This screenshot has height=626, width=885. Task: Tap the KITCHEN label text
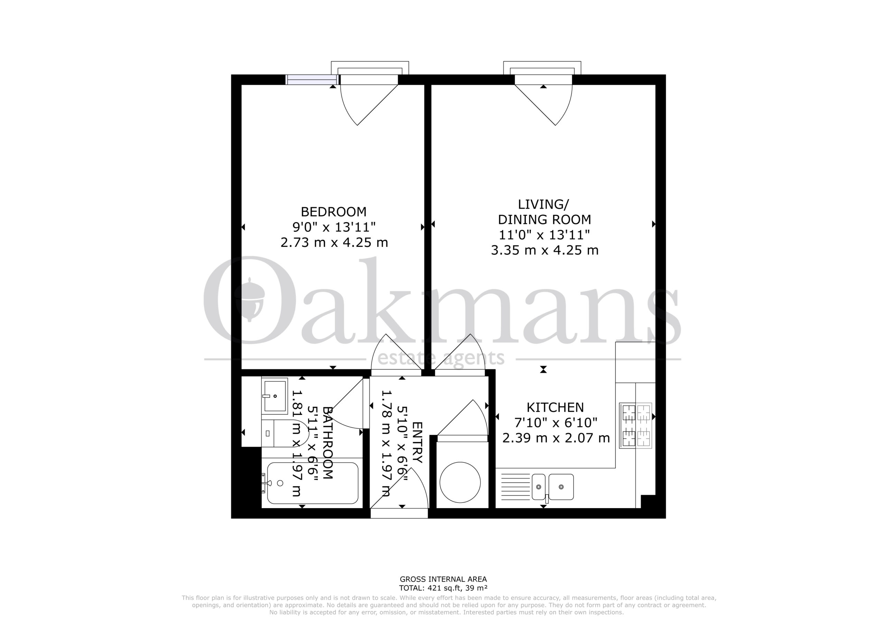click(x=555, y=407)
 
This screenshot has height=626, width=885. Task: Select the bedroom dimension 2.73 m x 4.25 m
click(x=334, y=242)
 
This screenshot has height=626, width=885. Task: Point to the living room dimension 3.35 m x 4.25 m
click(x=544, y=250)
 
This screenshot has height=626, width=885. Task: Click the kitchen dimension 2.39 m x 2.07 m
click(x=556, y=438)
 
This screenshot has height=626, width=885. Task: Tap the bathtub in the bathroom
click(x=313, y=483)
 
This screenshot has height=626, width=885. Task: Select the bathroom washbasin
click(x=274, y=396)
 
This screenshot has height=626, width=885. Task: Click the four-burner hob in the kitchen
click(x=636, y=426)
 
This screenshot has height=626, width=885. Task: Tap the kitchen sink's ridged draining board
click(x=514, y=486)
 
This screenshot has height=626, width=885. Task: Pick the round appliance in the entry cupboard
click(x=460, y=482)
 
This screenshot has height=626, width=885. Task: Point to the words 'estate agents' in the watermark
click(x=441, y=358)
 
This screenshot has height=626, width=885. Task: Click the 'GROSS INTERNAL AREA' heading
click(x=443, y=590)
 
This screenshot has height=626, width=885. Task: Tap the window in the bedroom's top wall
click(x=312, y=80)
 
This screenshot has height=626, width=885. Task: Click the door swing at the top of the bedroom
click(x=369, y=105)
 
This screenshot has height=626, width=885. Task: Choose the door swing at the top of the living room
click(x=543, y=105)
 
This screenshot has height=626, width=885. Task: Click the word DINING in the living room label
click(x=520, y=220)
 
